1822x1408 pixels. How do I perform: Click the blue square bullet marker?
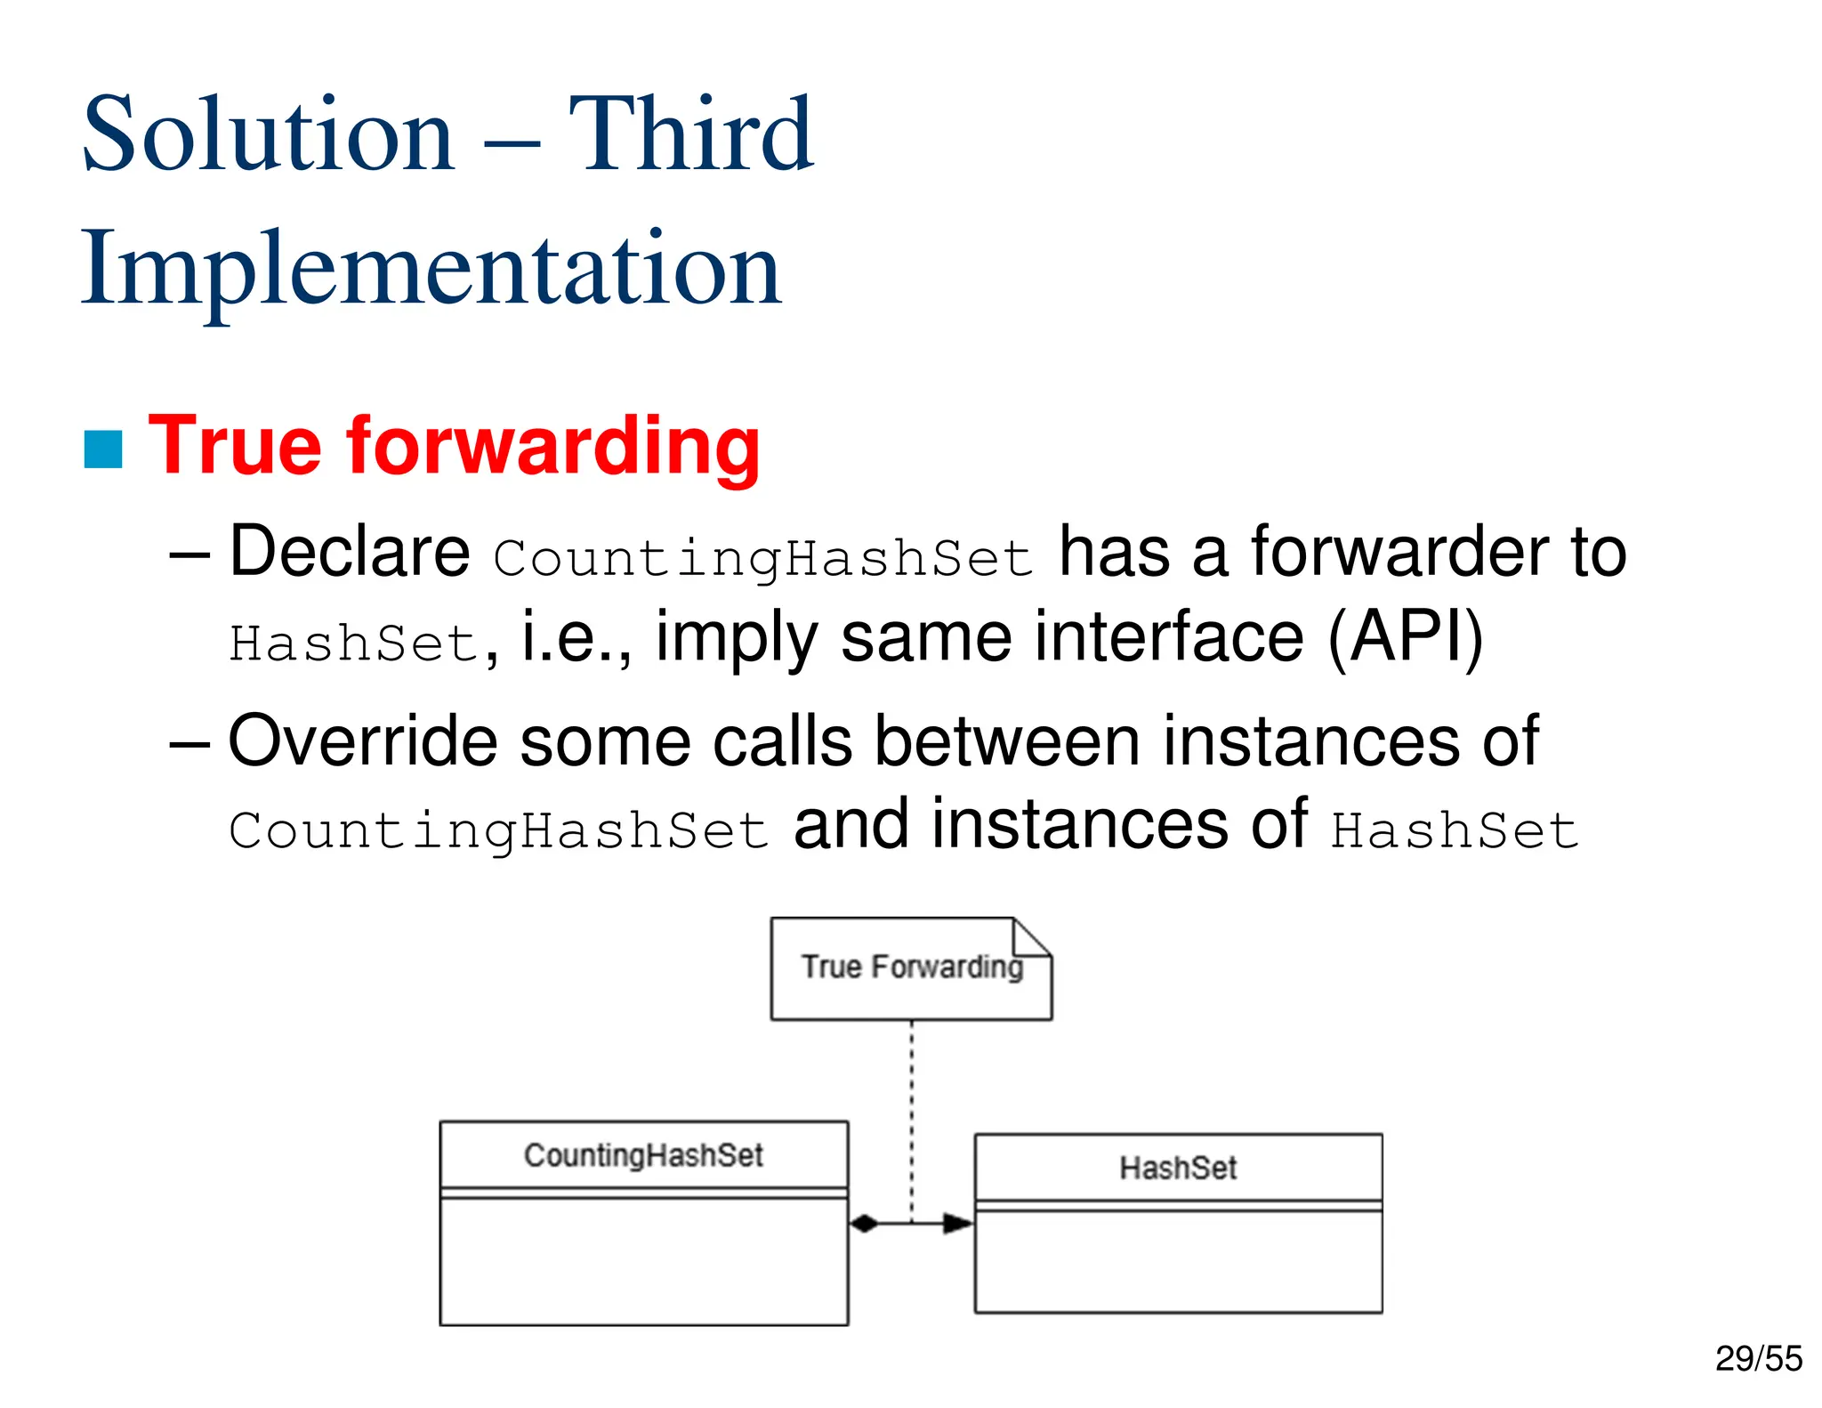103,449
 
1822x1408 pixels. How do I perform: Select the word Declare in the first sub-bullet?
349,552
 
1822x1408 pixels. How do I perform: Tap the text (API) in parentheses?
1405,637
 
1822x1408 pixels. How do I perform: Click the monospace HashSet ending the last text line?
1454,831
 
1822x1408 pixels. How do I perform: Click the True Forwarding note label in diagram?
911,967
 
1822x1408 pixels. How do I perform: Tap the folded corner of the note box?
1032,938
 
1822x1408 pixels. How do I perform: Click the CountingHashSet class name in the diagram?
643,1155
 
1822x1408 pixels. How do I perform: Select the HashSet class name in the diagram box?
1178,1168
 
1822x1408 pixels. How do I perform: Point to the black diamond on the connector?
864,1224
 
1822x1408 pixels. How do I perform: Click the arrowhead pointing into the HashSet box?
958,1224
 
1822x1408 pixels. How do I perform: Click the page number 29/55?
1758,1358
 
